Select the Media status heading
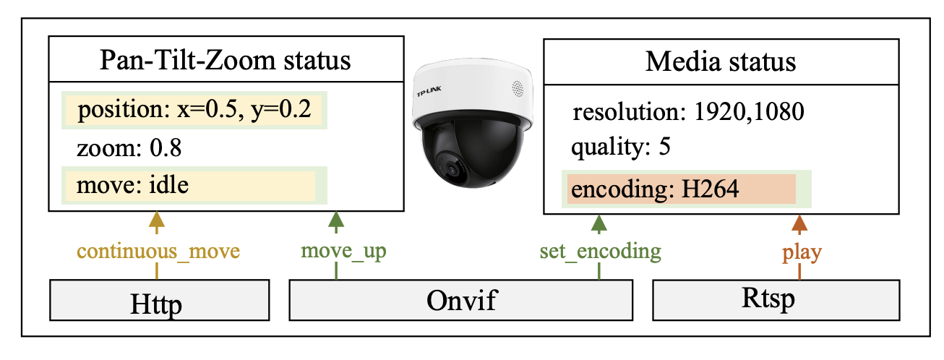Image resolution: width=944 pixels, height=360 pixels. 720,61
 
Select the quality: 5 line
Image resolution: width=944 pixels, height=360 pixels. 621,147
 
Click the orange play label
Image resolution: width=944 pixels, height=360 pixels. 799,252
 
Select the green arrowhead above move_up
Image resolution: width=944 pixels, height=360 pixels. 336,221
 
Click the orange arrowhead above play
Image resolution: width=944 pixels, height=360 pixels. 799,223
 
